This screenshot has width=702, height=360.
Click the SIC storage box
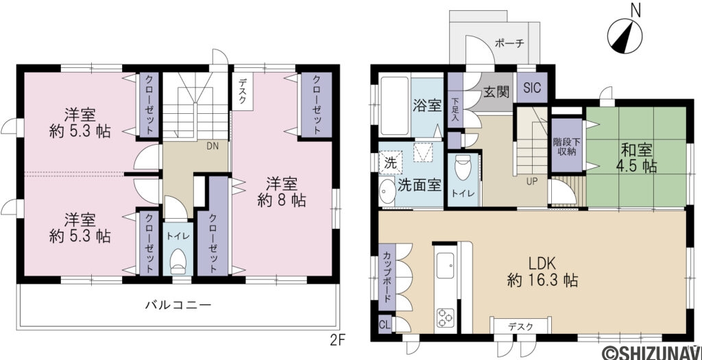pos(531,88)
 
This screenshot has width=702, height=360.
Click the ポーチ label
pos(509,43)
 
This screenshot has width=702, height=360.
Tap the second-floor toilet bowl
pos(178,260)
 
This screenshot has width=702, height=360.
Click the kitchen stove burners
pos(446,317)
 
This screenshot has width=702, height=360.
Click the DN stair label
pos(213,145)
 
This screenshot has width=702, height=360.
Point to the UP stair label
pos(531,182)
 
